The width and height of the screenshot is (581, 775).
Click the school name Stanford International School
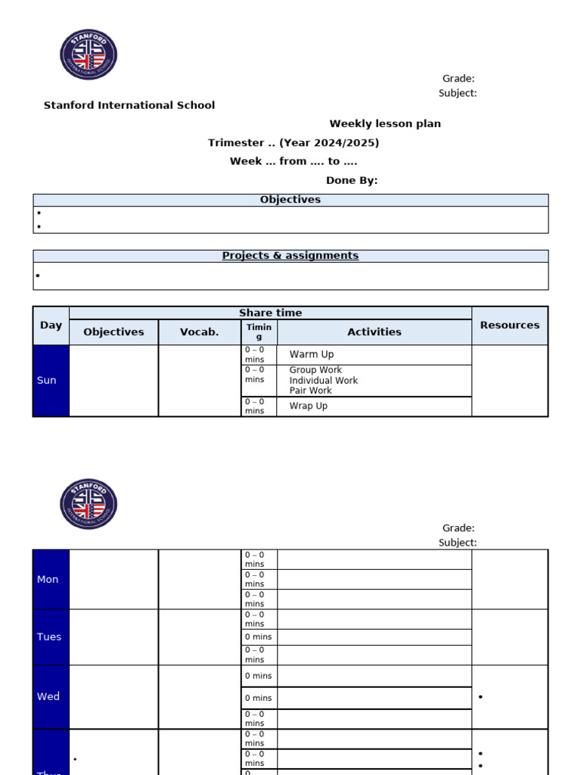[129, 105]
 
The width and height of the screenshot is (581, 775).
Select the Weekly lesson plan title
[385, 123]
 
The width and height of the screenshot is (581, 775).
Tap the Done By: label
[352, 180]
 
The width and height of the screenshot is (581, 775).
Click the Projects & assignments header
[290, 256]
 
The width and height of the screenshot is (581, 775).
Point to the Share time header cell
[270, 313]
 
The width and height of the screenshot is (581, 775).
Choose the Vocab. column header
[200, 331]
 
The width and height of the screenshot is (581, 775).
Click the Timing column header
[259, 331]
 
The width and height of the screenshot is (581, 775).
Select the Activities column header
[374, 331]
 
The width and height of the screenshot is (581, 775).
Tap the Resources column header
[510, 325]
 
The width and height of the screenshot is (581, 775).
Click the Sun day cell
[47, 380]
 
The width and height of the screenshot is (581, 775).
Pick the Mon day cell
[48, 579]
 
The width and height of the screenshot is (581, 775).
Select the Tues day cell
[49, 636]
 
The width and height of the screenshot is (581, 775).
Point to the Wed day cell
[48, 696]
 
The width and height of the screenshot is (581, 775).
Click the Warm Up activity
[311, 354]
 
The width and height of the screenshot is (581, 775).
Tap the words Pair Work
[310, 391]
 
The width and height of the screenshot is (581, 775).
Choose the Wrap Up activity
[308, 406]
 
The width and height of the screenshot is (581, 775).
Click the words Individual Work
[323, 380]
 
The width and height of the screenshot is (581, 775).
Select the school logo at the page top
[89, 54]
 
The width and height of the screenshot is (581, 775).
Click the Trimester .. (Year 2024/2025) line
[294, 142]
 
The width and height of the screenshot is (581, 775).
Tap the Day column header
[51, 325]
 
